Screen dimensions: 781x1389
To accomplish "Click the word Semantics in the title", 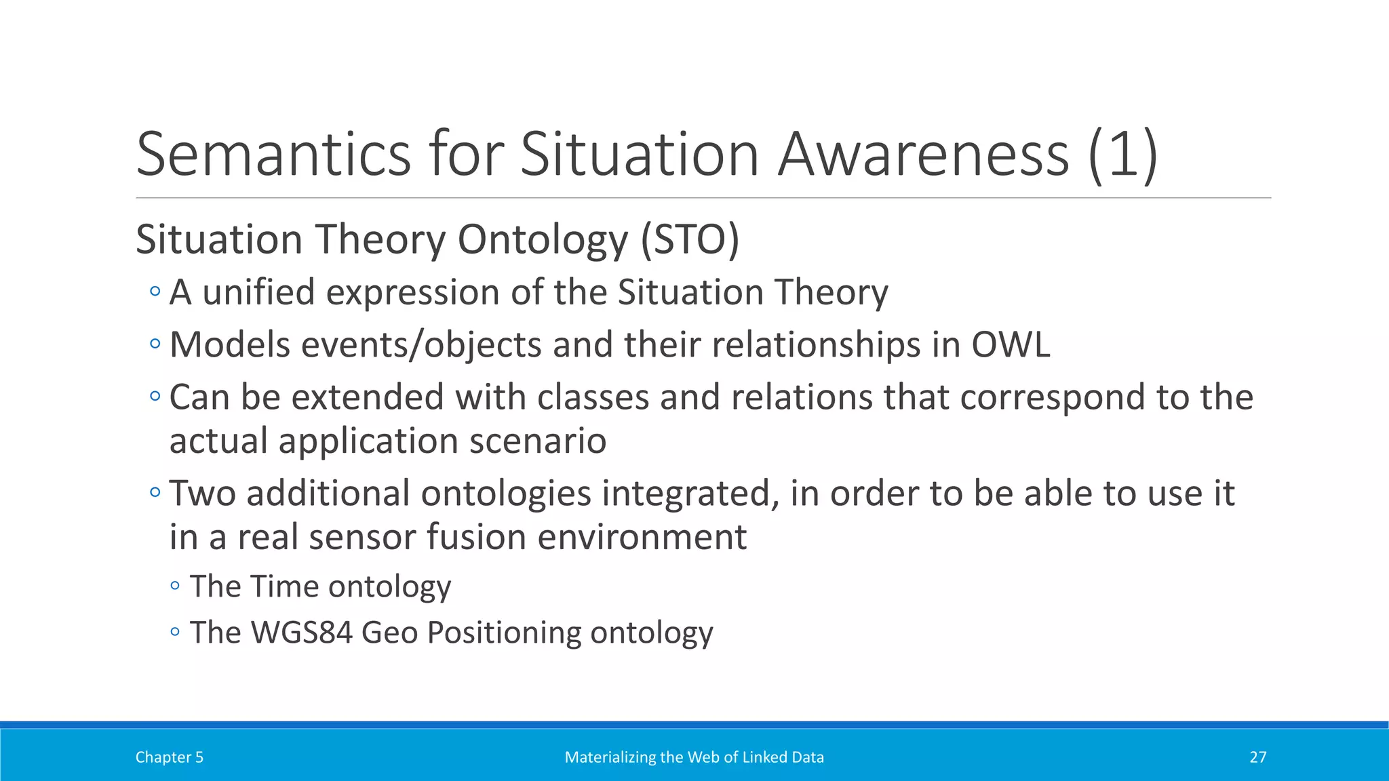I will tap(273, 155).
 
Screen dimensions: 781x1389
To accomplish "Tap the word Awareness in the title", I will tap(923, 155).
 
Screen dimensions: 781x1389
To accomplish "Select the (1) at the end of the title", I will tap(1122, 155).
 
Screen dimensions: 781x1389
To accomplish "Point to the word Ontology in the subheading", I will tap(543, 239).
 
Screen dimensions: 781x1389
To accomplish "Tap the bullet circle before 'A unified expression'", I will tap(155, 292).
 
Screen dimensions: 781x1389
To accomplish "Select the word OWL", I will tap(1011, 344).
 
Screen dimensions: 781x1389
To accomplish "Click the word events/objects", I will tap(420, 344).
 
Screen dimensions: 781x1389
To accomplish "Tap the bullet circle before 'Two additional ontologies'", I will tap(155, 493).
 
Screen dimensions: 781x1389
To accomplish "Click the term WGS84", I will tap(302, 632).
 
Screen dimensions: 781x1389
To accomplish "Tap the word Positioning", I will tap(503, 632).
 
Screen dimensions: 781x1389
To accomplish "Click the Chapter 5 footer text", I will tap(169, 757).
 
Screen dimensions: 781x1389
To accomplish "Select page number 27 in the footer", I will tap(1257, 757).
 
